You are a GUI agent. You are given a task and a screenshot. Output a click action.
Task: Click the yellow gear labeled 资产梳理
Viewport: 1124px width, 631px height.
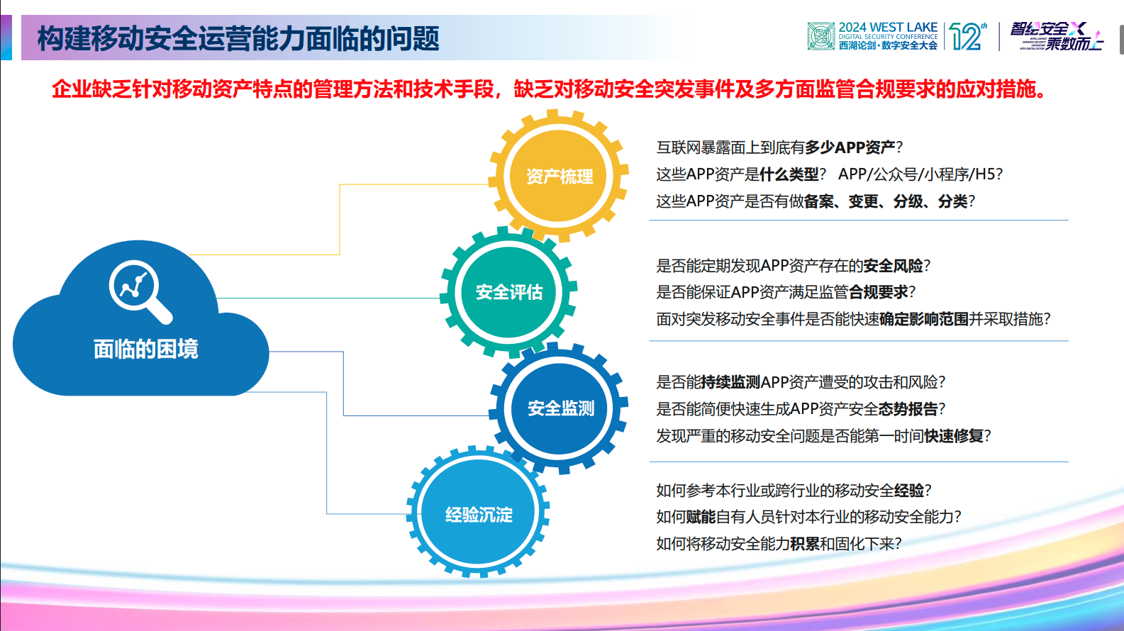click(x=559, y=177)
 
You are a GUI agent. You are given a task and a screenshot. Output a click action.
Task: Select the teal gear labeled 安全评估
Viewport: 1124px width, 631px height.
click(x=508, y=292)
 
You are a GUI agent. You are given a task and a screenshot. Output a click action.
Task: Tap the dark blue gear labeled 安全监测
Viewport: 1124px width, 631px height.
click(x=560, y=408)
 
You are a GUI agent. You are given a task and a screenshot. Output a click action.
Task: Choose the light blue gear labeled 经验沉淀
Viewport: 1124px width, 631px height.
click(x=479, y=514)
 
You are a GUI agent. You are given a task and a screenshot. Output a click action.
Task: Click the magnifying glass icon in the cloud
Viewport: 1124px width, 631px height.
click(x=139, y=290)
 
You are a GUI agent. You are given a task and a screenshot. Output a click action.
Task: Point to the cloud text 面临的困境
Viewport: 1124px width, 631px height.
click(x=145, y=349)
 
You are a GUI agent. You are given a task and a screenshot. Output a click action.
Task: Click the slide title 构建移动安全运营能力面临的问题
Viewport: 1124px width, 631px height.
click(x=238, y=38)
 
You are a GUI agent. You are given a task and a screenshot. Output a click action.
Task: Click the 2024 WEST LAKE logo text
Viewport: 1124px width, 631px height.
click(x=888, y=28)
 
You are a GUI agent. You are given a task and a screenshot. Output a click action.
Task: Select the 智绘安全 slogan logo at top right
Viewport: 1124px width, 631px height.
click(x=1057, y=35)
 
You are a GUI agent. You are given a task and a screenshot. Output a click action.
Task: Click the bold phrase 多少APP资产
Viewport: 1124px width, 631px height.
click(x=850, y=147)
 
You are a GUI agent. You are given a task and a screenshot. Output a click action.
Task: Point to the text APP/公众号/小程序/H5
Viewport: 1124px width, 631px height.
click(x=920, y=174)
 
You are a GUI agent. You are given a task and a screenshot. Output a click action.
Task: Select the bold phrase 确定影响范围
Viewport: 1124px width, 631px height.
click(x=923, y=319)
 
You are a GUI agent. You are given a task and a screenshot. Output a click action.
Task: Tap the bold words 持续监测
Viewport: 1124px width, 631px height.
click(x=730, y=382)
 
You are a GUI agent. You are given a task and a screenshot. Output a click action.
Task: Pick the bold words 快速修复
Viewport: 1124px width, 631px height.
click(x=953, y=436)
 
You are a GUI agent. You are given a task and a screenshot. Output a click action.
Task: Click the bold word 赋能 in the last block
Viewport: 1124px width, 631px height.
click(x=701, y=517)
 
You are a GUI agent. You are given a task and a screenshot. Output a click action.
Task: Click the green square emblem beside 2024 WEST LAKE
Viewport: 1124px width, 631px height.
click(x=820, y=36)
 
